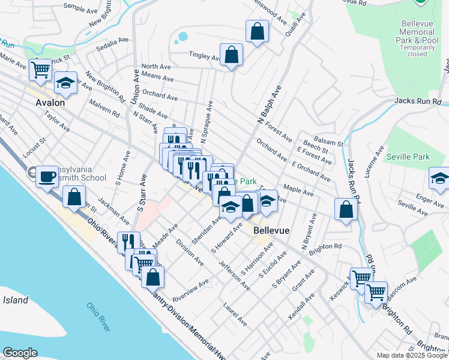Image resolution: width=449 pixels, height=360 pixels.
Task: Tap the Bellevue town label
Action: (x=272, y=230)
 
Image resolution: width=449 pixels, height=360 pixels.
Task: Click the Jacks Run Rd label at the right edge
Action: (x=418, y=102)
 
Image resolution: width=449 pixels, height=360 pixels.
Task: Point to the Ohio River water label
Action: (x=97, y=316)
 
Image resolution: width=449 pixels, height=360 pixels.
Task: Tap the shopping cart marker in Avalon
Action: (x=41, y=70)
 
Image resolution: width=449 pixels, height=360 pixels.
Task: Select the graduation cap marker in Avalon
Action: (x=65, y=83)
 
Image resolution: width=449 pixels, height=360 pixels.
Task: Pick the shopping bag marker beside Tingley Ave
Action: (x=231, y=55)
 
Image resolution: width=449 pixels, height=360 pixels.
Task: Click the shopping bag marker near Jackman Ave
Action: (x=74, y=197)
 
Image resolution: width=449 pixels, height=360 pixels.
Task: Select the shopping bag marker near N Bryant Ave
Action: (x=346, y=209)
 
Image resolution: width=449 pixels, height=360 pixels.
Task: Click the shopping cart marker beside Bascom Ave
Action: (x=376, y=292)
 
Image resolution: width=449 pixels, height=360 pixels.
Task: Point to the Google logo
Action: (x=20, y=353)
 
